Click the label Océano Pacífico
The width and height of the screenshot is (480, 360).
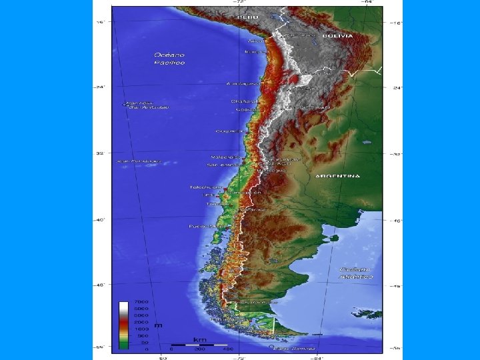pyautogui.click(x=170, y=58)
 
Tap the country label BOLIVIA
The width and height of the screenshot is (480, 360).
pyautogui.click(x=337, y=35)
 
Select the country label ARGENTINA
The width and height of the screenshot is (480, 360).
pyautogui.click(x=337, y=176)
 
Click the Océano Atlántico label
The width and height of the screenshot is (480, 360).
pyautogui.click(x=355, y=271)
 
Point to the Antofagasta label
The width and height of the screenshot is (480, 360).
pyautogui.click(x=242, y=84)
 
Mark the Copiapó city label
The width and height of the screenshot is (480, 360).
pyautogui.click(x=229, y=131)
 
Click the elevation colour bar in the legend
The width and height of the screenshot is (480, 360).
pyautogui.click(x=124, y=325)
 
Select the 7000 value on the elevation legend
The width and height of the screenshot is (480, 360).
pyautogui.click(x=142, y=303)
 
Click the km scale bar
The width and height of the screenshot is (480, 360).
pyautogui.click(x=200, y=345)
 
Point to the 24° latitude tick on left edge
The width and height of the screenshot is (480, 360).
pyautogui.click(x=101, y=87)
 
